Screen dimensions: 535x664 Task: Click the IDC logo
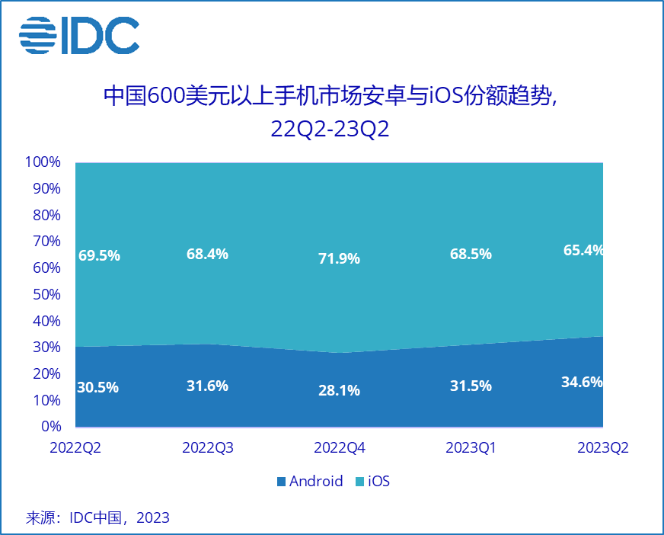78,34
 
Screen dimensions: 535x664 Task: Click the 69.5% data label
99,256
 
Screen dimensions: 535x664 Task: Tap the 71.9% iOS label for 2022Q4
339,258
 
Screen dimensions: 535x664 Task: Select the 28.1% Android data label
339,390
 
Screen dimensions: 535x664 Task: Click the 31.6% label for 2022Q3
207,386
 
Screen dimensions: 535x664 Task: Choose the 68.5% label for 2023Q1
471,254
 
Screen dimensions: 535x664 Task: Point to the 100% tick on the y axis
43,162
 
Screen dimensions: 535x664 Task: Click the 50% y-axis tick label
46,294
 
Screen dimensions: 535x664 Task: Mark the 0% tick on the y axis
50,427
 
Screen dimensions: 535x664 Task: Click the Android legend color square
281,482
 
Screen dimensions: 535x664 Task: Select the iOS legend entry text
378,482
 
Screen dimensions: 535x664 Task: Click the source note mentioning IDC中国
97,518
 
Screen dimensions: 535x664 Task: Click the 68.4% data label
207,254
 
